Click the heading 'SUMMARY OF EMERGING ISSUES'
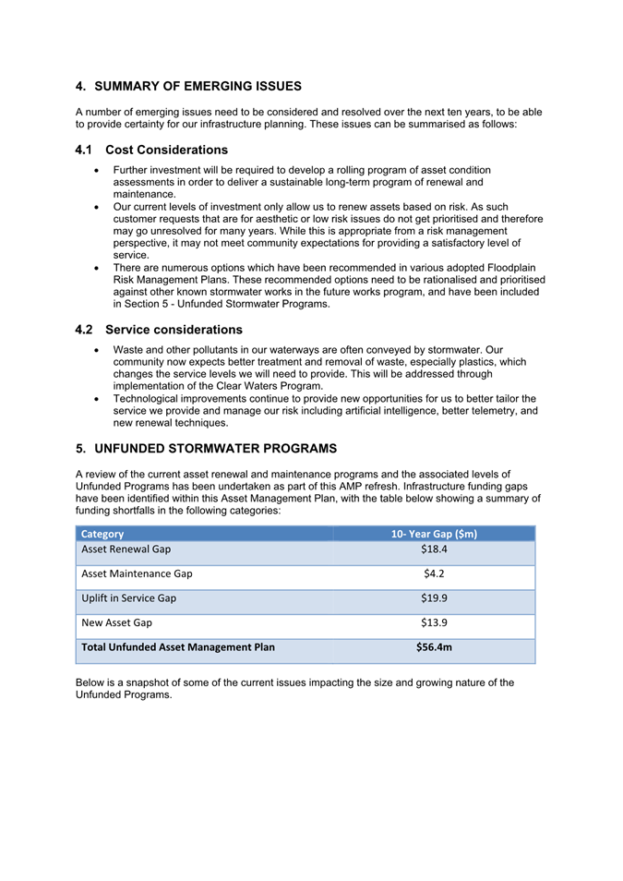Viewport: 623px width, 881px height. tap(198, 87)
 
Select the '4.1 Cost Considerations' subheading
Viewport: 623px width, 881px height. tap(151, 150)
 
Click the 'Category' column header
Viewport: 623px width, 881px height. tap(102, 534)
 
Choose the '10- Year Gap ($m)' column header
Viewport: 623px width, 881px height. tap(434, 534)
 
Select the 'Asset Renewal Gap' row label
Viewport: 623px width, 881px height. tap(126, 549)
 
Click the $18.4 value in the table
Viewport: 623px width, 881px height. tap(434, 549)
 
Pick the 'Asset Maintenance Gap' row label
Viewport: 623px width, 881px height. tap(137, 573)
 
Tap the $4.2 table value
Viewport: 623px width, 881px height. tap(434, 573)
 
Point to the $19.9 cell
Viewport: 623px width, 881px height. tap(434, 598)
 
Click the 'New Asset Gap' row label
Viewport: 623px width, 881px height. tap(116, 622)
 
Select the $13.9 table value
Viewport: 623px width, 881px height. tap(434, 622)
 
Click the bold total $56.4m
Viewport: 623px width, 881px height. tap(434, 647)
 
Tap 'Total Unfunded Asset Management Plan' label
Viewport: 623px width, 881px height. tap(177, 647)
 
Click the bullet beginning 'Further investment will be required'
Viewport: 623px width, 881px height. tap(98, 171)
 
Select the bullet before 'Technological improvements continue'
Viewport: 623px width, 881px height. tap(98, 399)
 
